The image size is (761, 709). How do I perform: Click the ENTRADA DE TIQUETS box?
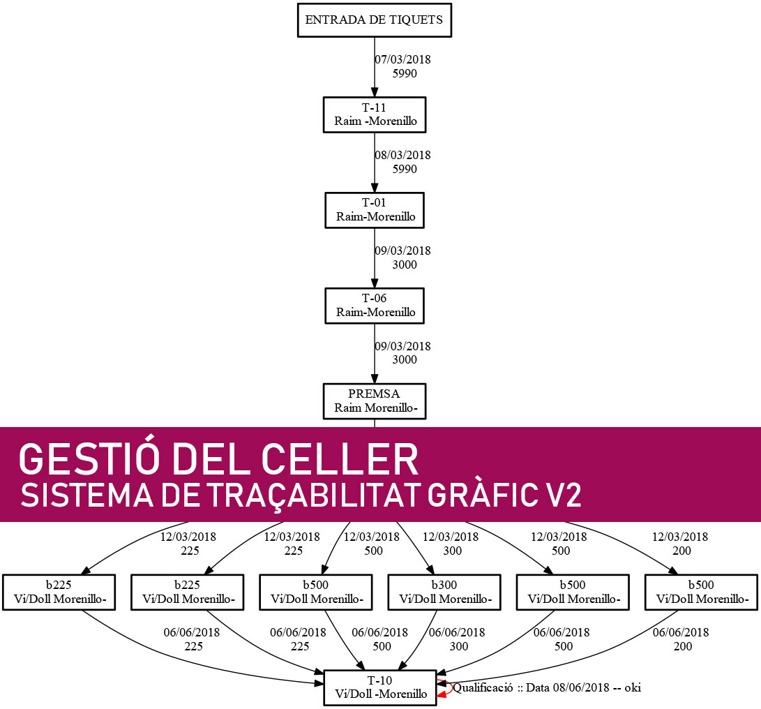click(x=375, y=20)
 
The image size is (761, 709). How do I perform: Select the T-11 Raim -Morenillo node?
click(x=375, y=114)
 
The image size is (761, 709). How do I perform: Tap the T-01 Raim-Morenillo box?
click(x=375, y=209)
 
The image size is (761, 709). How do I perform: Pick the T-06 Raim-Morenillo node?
click(x=375, y=305)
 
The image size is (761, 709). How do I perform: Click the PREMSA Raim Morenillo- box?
click(x=375, y=400)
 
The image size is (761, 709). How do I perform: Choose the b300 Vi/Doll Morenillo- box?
click(x=445, y=592)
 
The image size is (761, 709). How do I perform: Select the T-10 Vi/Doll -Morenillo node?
click(x=381, y=687)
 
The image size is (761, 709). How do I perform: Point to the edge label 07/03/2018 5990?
click(x=402, y=66)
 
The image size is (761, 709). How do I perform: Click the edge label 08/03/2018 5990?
click(x=402, y=161)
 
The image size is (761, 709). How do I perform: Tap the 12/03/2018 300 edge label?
click(x=451, y=544)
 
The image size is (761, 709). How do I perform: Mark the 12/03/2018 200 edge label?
click(x=680, y=544)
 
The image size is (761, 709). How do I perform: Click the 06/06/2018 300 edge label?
click(x=457, y=639)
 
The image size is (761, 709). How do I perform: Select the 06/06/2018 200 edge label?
click(x=681, y=639)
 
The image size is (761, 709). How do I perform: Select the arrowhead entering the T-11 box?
click(x=375, y=92)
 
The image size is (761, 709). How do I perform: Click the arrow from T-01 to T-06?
click(x=375, y=258)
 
